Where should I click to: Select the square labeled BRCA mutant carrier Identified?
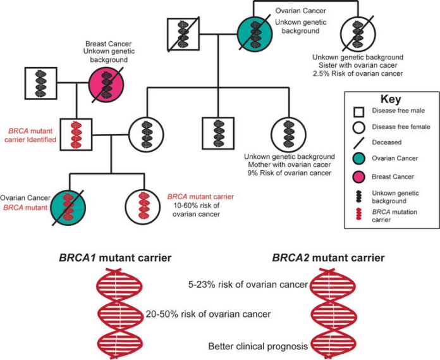(77, 134)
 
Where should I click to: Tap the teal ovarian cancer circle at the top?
(256, 34)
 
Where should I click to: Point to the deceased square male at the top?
(183, 34)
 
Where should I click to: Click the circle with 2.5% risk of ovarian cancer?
(355, 34)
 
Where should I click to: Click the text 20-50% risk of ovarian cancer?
(208, 314)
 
